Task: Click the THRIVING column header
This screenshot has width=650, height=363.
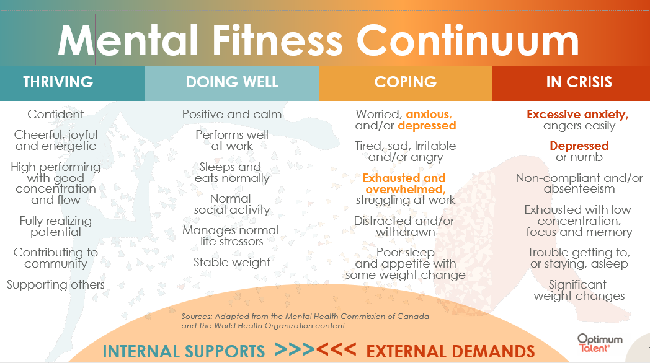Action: (58, 82)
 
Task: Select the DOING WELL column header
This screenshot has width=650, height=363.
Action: (232, 82)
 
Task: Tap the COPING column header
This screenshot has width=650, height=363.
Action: (406, 82)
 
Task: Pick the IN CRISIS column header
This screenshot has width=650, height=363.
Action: (579, 82)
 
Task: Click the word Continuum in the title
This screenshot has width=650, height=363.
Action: (468, 41)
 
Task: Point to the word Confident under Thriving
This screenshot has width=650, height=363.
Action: (56, 114)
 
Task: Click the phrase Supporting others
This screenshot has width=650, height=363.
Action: (56, 285)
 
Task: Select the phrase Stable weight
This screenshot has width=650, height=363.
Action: (232, 262)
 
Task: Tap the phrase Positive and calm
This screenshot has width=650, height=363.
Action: (232, 114)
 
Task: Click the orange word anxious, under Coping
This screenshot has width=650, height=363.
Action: (429, 114)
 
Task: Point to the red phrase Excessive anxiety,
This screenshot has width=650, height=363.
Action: (577, 114)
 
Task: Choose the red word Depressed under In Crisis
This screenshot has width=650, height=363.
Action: (579, 146)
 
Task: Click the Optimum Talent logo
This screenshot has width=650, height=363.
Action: (600, 342)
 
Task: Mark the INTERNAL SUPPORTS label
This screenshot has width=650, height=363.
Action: (184, 351)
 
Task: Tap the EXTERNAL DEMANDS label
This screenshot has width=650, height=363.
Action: (450, 351)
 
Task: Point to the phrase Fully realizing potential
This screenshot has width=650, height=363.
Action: (56, 227)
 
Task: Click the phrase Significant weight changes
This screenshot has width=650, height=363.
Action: (578, 291)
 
